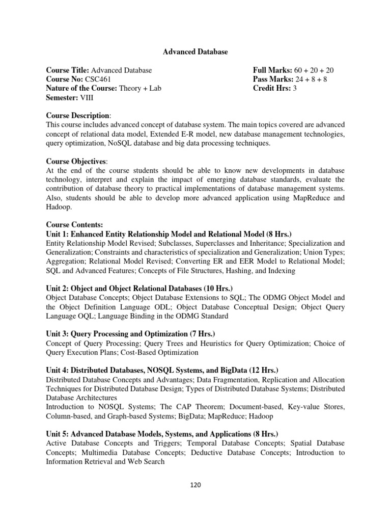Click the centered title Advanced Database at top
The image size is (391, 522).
coord(195,52)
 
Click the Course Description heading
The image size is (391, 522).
coord(77,116)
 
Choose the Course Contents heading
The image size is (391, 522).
coord(74,224)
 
